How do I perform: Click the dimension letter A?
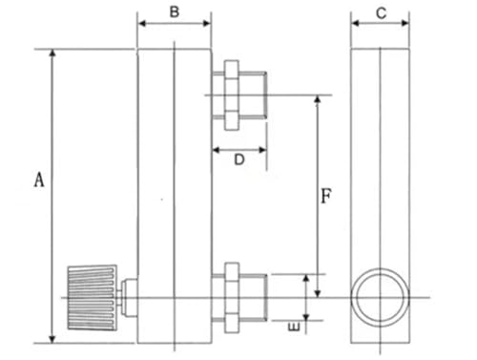(x=39, y=180)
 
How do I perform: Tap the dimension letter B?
(x=175, y=12)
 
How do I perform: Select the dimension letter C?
(x=381, y=13)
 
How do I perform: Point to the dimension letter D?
(x=239, y=159)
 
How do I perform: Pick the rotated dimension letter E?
(x=294, y=327)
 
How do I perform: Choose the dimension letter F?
(x=326, y=196)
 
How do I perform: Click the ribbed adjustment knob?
(x=93, y=298)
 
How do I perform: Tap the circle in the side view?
(x=380, y=298)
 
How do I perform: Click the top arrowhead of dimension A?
(x=52, y=53)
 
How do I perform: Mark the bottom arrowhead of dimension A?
(x=52, y=339)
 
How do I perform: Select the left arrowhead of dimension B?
(x=142, y=23)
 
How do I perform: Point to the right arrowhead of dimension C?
(x=405, y=23)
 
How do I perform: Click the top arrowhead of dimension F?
(x=317, y=99)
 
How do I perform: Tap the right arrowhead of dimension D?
(x=262, y=150)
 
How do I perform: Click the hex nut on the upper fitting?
(x=232, y=95)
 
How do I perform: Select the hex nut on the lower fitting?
(x=232, y=298)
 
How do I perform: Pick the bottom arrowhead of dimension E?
(x=306, y=317)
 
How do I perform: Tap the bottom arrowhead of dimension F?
(x=317, y=293)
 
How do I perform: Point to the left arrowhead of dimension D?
(x=217, y=150)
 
